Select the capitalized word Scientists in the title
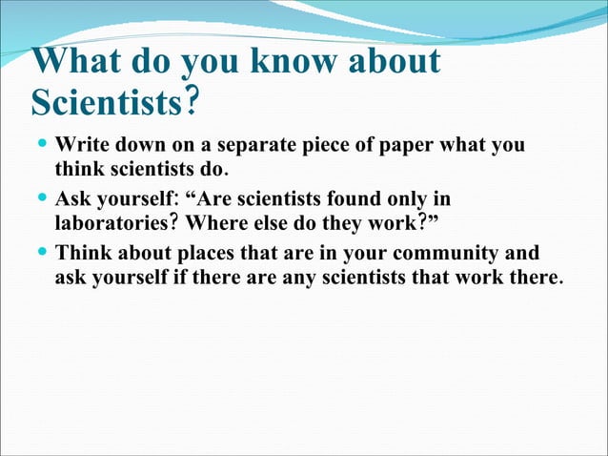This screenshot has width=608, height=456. pyautogui.click(x=105, y=100)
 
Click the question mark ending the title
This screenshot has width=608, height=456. pyautogui.click(x=193, y=100)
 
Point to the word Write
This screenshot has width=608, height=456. pyautogui.click(x=80, y=148)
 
